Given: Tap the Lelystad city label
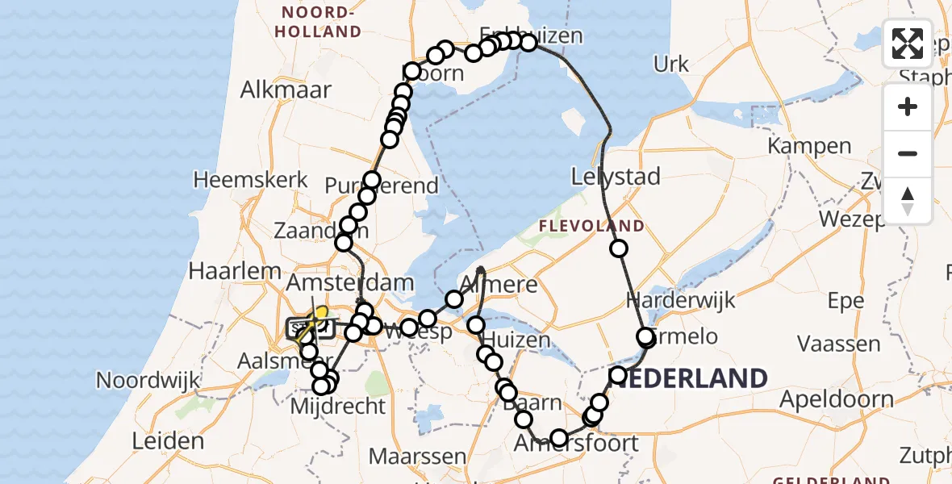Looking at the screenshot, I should pyautogui.click(x=616, y=176).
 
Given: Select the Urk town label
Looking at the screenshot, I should pyautogui.click(x=671, y=65).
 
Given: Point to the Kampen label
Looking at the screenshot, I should pyautogui.click(x=809, y=147).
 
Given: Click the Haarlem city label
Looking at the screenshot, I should pyautogui.click(x=235, y=271).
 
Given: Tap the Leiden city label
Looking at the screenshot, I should pyautogui.click(x=169, y=441).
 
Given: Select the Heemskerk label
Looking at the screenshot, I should pyautogui.click(x=251, y=179).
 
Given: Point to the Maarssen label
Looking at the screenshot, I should pyautogui.click(x=418, y=457).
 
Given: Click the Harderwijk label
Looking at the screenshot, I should pyautogui.click(x=681, y=301).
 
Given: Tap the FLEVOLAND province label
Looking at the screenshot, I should pyautogui.click(x=592, y=226).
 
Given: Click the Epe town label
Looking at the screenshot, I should pyautogui.click(x=846, y=301).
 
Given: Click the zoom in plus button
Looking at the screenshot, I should pyautogui.click(x=908, y=107).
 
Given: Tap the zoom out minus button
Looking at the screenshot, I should pyautogui.click(x=908, y=153).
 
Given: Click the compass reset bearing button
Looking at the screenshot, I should pyautogui.click(x=908, y=199).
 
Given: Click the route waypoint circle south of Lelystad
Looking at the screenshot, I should pyautogui.click(x=619, y=248).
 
